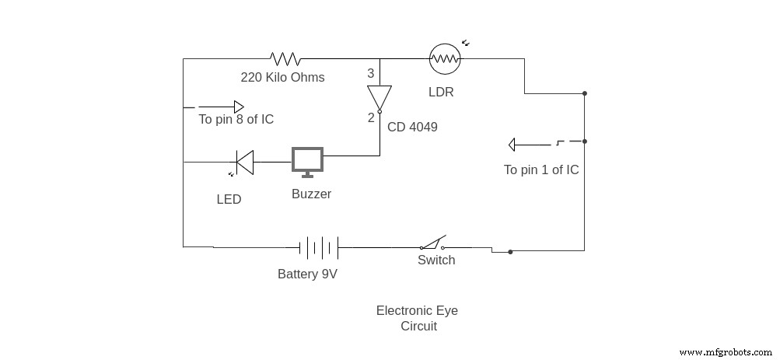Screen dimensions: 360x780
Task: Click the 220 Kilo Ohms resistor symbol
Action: pos(285,58)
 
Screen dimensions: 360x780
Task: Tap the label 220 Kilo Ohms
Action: pos(282,77)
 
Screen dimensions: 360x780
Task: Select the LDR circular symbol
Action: pos(445,58)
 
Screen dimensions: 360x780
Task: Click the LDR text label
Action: pos(441,92)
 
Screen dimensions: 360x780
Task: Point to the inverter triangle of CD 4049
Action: pos(380,97)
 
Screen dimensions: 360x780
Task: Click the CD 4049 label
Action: pos(412,127)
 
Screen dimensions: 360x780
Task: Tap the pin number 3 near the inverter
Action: pos(371,74)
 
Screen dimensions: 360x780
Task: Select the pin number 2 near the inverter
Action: pos(371,118)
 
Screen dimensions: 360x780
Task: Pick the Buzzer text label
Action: pos(311,194)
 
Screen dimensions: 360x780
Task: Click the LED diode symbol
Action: pos(245,162)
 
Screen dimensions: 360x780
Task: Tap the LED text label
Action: pos(229,199)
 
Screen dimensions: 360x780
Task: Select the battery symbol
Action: pos(319,248)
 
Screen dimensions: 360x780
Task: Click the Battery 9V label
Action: pos(307,274)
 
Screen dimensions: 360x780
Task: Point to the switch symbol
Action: pos(432,243)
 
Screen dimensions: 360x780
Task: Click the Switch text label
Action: pos(436,260)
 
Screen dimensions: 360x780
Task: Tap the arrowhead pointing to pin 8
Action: pos(240,107)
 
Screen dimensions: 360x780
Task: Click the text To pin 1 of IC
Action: pos(541,170)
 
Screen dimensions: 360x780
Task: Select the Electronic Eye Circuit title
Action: pos(418,318)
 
